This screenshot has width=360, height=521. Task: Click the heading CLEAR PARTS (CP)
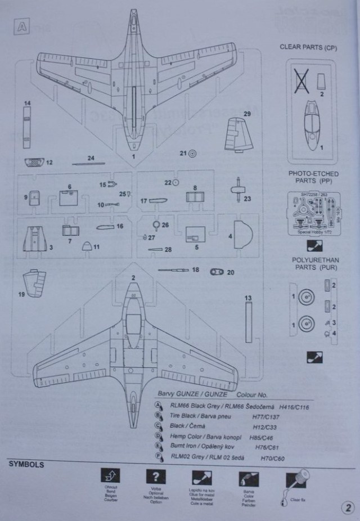[308, 47]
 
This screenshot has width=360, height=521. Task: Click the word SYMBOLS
[27, 464]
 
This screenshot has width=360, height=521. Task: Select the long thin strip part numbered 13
[247, 320]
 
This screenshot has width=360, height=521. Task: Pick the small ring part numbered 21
[192, 152]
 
